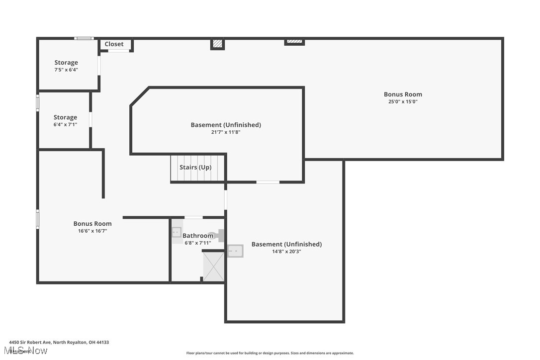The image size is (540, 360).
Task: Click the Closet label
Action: (114, 44)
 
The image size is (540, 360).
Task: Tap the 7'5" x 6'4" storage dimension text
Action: (66, 70)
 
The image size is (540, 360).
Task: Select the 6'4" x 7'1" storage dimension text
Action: (65, 124)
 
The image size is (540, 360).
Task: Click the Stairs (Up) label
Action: (195, 167)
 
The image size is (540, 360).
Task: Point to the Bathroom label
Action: (198, 236)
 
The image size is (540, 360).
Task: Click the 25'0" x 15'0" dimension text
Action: (403, 101)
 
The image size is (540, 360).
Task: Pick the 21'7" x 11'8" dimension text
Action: (226, 132)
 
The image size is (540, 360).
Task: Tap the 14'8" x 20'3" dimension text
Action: (286, 251)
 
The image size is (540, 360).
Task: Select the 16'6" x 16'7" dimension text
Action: (92, 231)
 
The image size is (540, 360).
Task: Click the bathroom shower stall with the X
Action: (214, 267)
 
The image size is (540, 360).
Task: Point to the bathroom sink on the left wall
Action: (177, 232)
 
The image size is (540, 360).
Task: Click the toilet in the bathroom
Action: (217, 236)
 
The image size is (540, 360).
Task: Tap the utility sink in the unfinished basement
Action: (235, 251)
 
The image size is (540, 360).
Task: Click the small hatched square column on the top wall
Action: (217, 44)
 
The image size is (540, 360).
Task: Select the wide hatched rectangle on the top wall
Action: (294, 42)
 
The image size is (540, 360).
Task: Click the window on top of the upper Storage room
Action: (84, 38)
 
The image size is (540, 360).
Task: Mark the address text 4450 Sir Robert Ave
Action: (59, 342)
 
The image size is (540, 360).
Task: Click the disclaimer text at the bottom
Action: (270, 353)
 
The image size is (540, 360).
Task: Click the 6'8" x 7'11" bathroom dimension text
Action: (198, 243)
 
